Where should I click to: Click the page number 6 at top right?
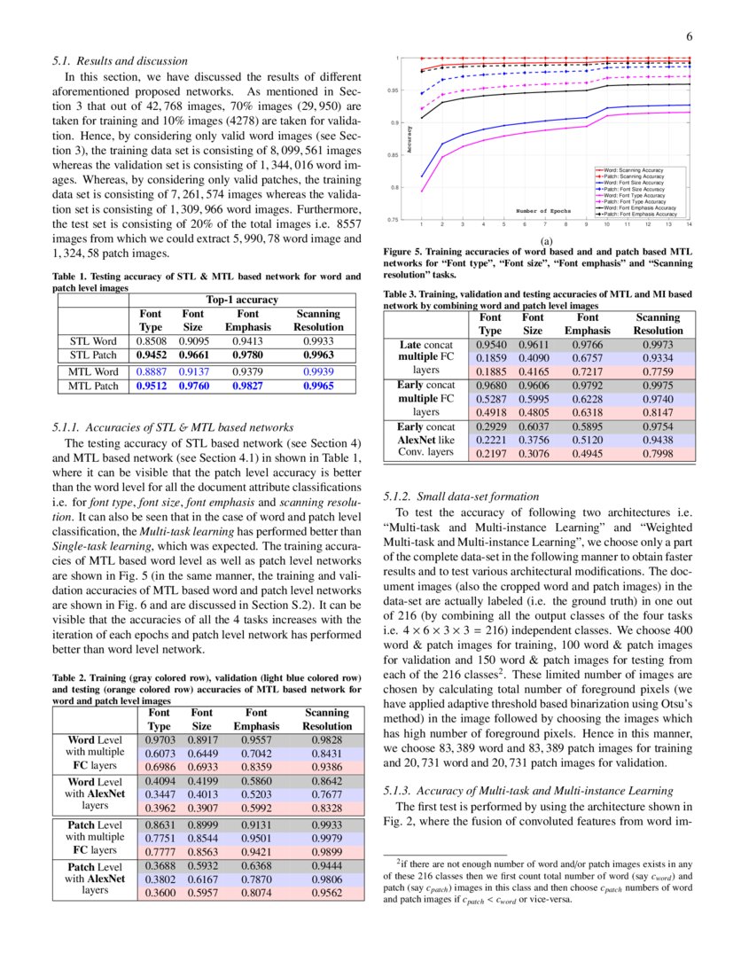pyautogui.click(x=688, y=36)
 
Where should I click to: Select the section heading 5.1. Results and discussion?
pyautogui.click(x=120, y=61)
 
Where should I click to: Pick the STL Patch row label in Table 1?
pyautogui.click(x=93, y=355)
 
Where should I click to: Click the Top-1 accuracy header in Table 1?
pyautogui.click(x=242, y=301)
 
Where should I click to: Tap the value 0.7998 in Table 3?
pyautogui.click(x=657, y=454)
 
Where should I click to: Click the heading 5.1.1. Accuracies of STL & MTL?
pyautogui.click(x=174, y=427)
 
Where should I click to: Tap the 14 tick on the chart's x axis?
pyautogui.click(x=689, y=225)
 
